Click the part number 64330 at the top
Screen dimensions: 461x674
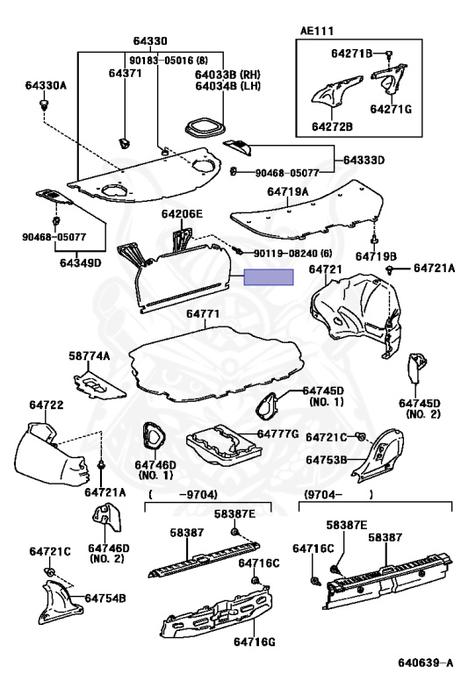point(149,41)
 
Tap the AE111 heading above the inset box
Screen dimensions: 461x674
point(316,31)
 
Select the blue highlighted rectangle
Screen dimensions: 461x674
point(269,277)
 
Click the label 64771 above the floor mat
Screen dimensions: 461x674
point(203,314)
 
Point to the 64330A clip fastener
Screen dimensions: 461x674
point(43,104)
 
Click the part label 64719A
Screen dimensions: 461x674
point(288,191)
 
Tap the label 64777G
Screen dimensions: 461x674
point(277,434)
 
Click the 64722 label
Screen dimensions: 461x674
point(46,405)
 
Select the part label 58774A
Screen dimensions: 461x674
point(90,355)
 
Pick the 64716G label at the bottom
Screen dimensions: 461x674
point(254,642)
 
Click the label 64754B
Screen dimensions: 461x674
point(105,598)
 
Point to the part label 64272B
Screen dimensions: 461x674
point(332,126)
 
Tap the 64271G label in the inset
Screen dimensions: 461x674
point(391,109)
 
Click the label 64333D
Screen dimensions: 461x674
point(364,160)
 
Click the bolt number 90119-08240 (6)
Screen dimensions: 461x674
point(293,254)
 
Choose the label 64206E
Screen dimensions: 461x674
point(182,213)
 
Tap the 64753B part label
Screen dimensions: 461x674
point(327,460)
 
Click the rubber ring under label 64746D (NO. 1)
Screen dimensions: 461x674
point(154,435)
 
